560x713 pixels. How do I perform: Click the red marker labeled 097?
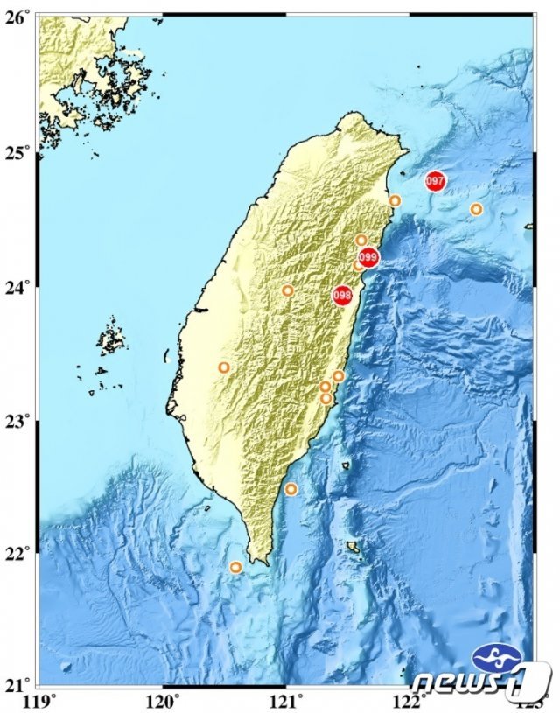[x=435, y=181]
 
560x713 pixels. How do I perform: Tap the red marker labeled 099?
[x=367, y=257]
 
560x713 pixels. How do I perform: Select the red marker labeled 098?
[x=342, y=295]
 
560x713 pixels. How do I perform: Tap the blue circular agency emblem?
[x=496, y=657]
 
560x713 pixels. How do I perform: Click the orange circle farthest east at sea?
[x=476, y=209]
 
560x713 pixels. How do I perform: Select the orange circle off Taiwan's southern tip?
[x=235, y=567]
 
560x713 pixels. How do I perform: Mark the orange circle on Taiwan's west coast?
[x=224, y=367]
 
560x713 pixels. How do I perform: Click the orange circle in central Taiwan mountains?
[x=288, y=290]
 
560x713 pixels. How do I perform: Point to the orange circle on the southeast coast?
[x=291, y=489]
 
